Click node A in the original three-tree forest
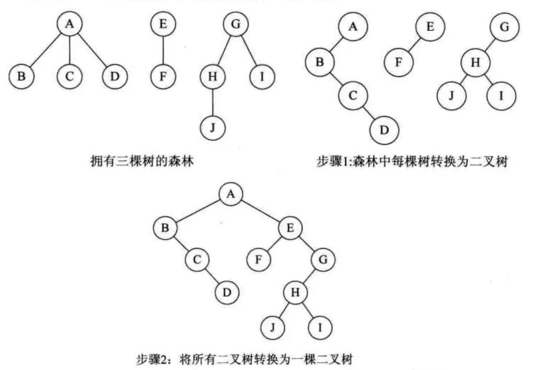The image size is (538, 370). pos(69,25)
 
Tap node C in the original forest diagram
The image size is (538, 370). pos(69,76)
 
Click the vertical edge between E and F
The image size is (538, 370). pos(163,50)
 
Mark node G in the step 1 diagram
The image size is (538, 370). pos(504,27)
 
